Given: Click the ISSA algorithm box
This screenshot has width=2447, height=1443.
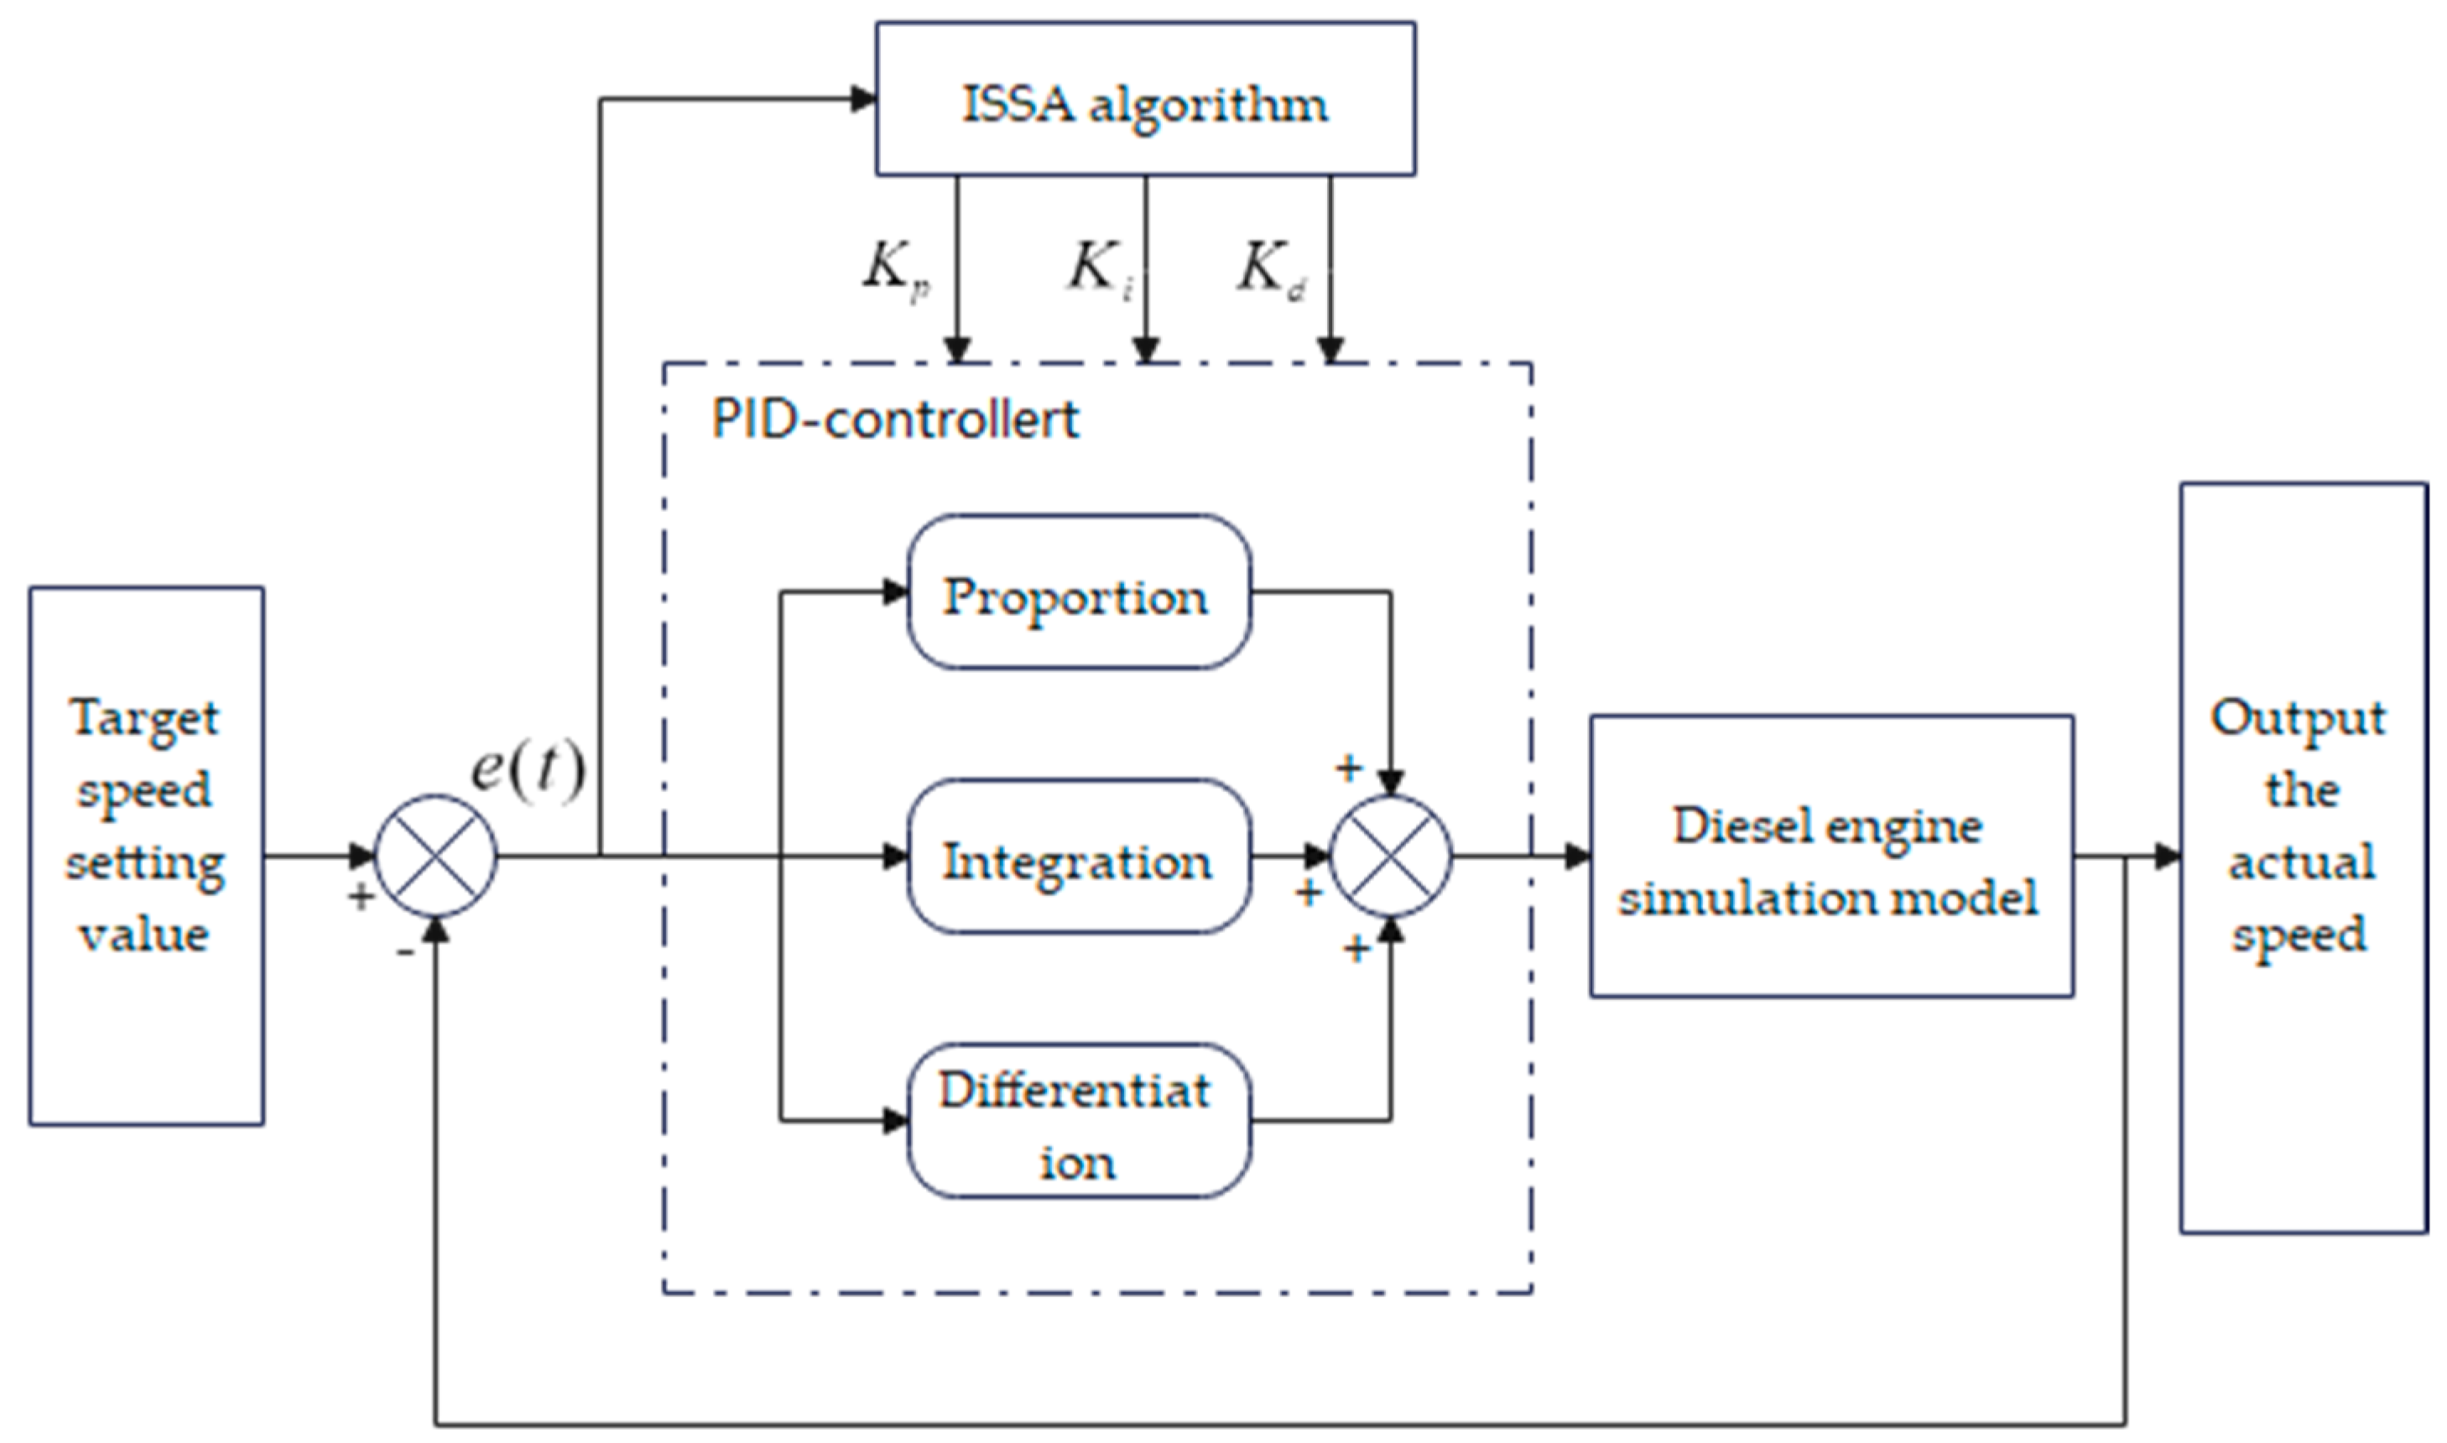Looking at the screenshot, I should [1144, 99].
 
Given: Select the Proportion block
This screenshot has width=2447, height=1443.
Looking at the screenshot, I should [1077, 593].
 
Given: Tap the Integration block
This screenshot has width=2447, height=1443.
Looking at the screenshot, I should [1077, 857].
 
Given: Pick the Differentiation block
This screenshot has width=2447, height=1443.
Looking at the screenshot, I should [1077, 1121].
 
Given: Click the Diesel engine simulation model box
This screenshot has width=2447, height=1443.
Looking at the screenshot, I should [1830, 857].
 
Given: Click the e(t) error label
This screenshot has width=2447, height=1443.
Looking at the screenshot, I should [528, 770].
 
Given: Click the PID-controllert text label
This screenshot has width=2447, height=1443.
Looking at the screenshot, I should [894, 420].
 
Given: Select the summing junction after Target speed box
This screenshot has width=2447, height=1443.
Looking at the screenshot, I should [435, 857].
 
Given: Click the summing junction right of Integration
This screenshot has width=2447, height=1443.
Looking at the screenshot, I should [1390, 857].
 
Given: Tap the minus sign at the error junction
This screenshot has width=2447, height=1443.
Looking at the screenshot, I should [404, 952].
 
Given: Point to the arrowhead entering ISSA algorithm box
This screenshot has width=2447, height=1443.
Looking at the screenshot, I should [863, 99].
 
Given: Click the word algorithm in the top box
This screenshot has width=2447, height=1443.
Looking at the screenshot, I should [1209, 104].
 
